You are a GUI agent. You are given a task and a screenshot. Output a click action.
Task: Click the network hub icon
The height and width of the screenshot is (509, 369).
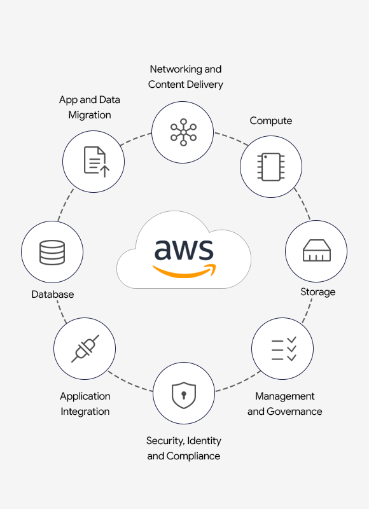183,132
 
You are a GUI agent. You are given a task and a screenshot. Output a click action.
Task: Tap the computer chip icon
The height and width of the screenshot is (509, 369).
271,167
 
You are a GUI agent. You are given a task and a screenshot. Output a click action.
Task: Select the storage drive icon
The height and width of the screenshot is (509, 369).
316,250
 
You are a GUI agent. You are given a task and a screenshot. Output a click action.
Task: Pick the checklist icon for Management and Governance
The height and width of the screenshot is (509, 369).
284,349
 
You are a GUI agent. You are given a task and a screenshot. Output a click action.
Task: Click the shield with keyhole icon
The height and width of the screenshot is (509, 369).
184,394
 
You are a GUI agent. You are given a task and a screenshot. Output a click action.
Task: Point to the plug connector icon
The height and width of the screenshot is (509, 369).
85,349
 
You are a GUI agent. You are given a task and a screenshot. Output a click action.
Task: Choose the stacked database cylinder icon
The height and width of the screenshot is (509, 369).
52,252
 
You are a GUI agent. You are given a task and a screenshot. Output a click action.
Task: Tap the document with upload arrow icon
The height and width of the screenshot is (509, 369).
97,162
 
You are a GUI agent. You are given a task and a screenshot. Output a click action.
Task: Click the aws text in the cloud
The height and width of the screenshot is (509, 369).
184,249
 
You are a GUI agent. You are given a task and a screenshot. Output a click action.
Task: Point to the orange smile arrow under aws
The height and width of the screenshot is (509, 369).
184,272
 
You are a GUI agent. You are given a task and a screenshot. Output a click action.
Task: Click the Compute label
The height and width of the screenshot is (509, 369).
270,121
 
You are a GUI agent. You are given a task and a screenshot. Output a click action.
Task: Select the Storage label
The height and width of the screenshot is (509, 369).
317,292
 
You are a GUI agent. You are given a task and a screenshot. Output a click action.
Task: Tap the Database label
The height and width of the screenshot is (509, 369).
53,295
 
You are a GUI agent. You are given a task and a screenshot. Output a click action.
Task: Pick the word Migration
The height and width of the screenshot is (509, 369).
90,115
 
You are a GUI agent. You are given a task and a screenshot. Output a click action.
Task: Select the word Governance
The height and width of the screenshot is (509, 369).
294,411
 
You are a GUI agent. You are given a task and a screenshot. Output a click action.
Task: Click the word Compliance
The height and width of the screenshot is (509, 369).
193,456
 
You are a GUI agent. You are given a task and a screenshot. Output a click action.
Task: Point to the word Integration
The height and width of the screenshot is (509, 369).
85,412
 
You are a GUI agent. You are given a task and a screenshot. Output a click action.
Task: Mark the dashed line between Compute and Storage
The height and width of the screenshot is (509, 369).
303,203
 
